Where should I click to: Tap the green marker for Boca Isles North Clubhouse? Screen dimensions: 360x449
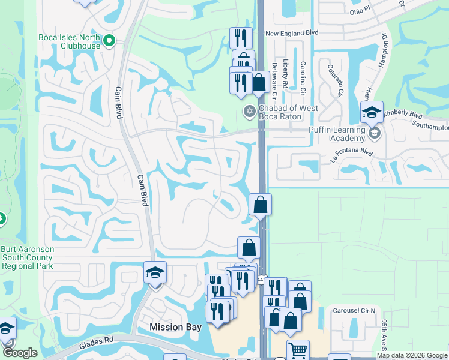109,41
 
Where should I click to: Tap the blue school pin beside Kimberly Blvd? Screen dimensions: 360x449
372,113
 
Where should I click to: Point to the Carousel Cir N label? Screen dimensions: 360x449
355,311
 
